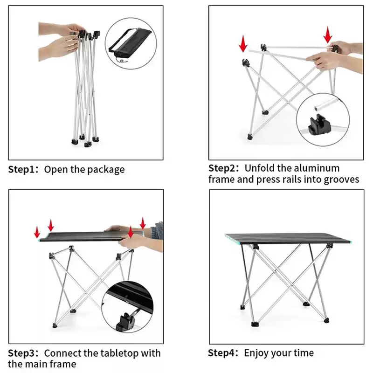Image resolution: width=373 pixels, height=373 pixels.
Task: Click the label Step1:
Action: tap(23, 170)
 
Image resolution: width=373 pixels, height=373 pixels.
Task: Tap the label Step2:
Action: tap(224, 168)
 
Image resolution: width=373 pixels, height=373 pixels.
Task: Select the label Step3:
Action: tap(23, 353)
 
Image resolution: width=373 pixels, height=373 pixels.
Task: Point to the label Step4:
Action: tap(223, 353)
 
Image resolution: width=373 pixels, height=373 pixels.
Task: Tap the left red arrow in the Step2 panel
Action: tap(243, 44)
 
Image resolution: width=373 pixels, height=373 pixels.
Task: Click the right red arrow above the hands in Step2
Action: tap(328, 35)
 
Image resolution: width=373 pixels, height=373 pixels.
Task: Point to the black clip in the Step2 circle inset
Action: tap(319, 125)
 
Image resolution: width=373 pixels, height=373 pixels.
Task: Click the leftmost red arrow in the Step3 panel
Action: tap(37, 232)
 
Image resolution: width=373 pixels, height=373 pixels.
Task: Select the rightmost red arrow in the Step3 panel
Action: tap(143, 223)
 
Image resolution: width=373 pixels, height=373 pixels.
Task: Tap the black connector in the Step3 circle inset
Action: tap(125, 322)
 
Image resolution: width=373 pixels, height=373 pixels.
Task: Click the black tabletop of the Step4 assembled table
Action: tap(288, 239)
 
